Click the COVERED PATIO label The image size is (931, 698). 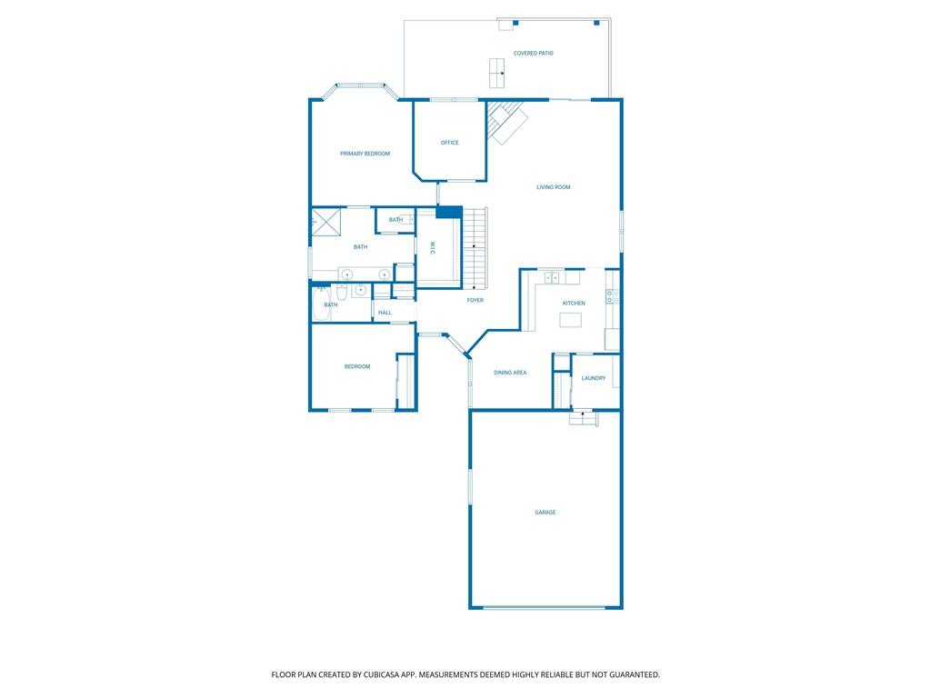coord(533,54)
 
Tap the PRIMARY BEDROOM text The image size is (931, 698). coord(365,154)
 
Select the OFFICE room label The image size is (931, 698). coord(449,143)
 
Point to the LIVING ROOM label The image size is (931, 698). coord(554,187)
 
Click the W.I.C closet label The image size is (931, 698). coord(432,249)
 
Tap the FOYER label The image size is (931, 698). coord(475,300)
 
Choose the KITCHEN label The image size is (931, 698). coord(574,304)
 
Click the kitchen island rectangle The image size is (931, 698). coord(571,321)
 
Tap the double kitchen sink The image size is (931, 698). coord(552,277)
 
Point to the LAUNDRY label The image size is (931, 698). coord(594,378)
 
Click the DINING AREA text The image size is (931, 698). coord(510,373)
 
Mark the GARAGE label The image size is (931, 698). coord(546,513)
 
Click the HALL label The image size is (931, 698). coord(385,313)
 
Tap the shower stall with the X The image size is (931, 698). coord(326,222)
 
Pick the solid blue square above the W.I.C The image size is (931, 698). coord(449,212)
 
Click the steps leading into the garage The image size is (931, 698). coord(583,418)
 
